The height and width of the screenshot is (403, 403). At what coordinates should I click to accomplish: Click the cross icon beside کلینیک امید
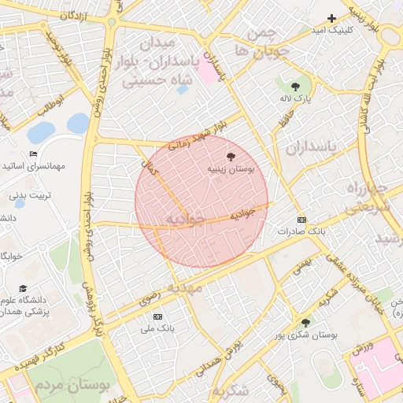click(x=331, y=18)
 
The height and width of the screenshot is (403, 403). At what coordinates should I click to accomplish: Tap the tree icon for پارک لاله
click(x=295, y=86)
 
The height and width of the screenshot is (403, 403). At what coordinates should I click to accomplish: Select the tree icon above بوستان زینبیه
click(x=230, y=157)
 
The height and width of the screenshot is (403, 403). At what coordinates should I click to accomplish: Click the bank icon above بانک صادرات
click(x=301, y=220)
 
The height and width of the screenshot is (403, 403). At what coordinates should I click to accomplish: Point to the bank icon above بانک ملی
click(x=157, y=316)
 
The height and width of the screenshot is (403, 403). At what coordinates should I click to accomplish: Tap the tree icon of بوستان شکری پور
click(x=305, y=323)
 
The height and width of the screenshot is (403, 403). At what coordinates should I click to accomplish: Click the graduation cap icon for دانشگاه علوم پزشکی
click(x=23, y=289)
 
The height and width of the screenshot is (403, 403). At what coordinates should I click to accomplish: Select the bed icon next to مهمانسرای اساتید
click(x=33, y=154)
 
